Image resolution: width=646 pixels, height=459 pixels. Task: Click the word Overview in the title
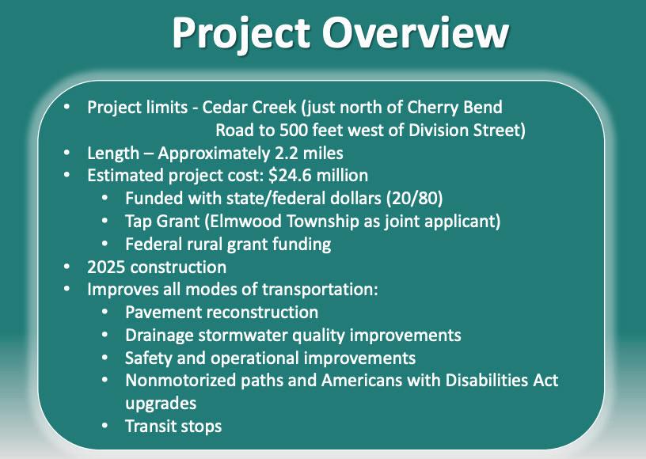point(416,32)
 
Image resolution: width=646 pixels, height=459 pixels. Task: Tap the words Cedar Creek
point(249,108)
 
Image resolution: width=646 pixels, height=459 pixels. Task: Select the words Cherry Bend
point(454,108)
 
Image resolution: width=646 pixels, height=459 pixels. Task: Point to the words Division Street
point(465,131)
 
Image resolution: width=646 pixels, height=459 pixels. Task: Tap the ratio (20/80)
point(415,199)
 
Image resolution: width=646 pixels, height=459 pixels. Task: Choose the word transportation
point(320,290)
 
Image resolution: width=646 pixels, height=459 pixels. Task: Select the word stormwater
point(243,336)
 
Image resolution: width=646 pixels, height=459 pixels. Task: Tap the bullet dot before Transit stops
point(104,426)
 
